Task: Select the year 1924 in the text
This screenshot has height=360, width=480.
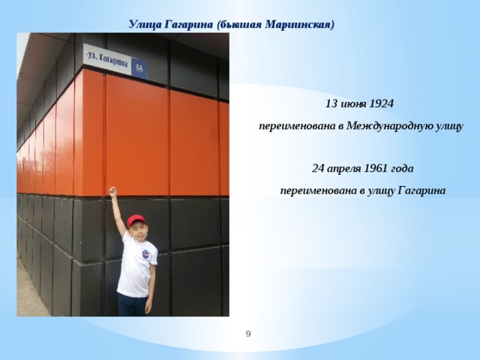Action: click(x=382, y=103)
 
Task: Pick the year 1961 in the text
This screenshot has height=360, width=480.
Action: click(x=376, y=168)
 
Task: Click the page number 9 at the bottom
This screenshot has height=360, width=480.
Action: click(x=248, y=334)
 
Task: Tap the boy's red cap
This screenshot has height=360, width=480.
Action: click(x=136, y=220)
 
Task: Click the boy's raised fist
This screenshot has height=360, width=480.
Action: click(x=112, y=191)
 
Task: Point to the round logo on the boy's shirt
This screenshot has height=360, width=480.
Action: click(x=145, y=254)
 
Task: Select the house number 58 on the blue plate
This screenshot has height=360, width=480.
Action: click(x=139, y=68)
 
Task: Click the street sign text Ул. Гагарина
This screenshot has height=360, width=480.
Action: click(x=107, y=59)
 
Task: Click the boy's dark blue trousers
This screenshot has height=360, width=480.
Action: click(x=132, y=305)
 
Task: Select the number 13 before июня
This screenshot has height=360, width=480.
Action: click(x=331, y=103)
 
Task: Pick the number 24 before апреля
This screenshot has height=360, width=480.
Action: click(x=318, y=168)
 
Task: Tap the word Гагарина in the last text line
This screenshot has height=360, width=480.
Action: click(x=421, y=191)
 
